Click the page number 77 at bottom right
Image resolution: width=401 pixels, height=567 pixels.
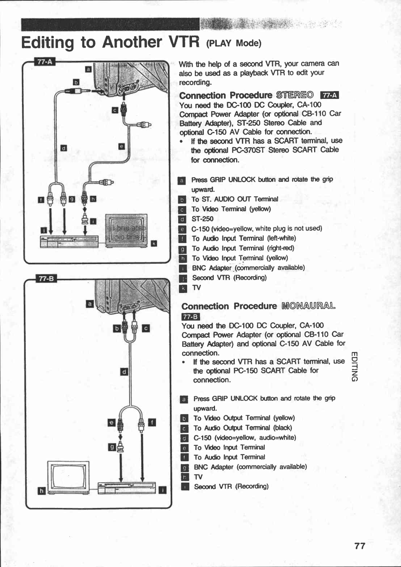point(360,546)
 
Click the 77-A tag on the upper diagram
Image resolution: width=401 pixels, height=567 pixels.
point(45,62)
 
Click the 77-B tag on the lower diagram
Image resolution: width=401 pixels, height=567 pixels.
point(46,278)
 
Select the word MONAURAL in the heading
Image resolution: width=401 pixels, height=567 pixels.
point(309,306)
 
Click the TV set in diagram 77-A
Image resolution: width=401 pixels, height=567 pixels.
point(126,230)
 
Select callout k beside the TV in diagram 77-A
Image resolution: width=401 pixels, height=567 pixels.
point(154,244)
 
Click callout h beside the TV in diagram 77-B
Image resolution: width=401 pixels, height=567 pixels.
point(42,491)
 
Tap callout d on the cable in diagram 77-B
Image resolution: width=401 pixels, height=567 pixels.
point(124,371)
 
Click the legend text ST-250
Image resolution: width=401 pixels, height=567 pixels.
point(202,219)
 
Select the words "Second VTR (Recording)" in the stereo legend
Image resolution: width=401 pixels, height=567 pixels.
point(229,278)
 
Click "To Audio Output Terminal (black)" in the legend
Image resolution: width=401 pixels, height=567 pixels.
point(243,428)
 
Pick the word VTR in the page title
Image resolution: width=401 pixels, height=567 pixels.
point(184,42)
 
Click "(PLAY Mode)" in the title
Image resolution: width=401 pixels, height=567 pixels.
point(234,43)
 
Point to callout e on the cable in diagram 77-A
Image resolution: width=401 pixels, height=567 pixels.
point(121,146)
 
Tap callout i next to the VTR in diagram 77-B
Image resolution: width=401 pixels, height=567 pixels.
point(162,490)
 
